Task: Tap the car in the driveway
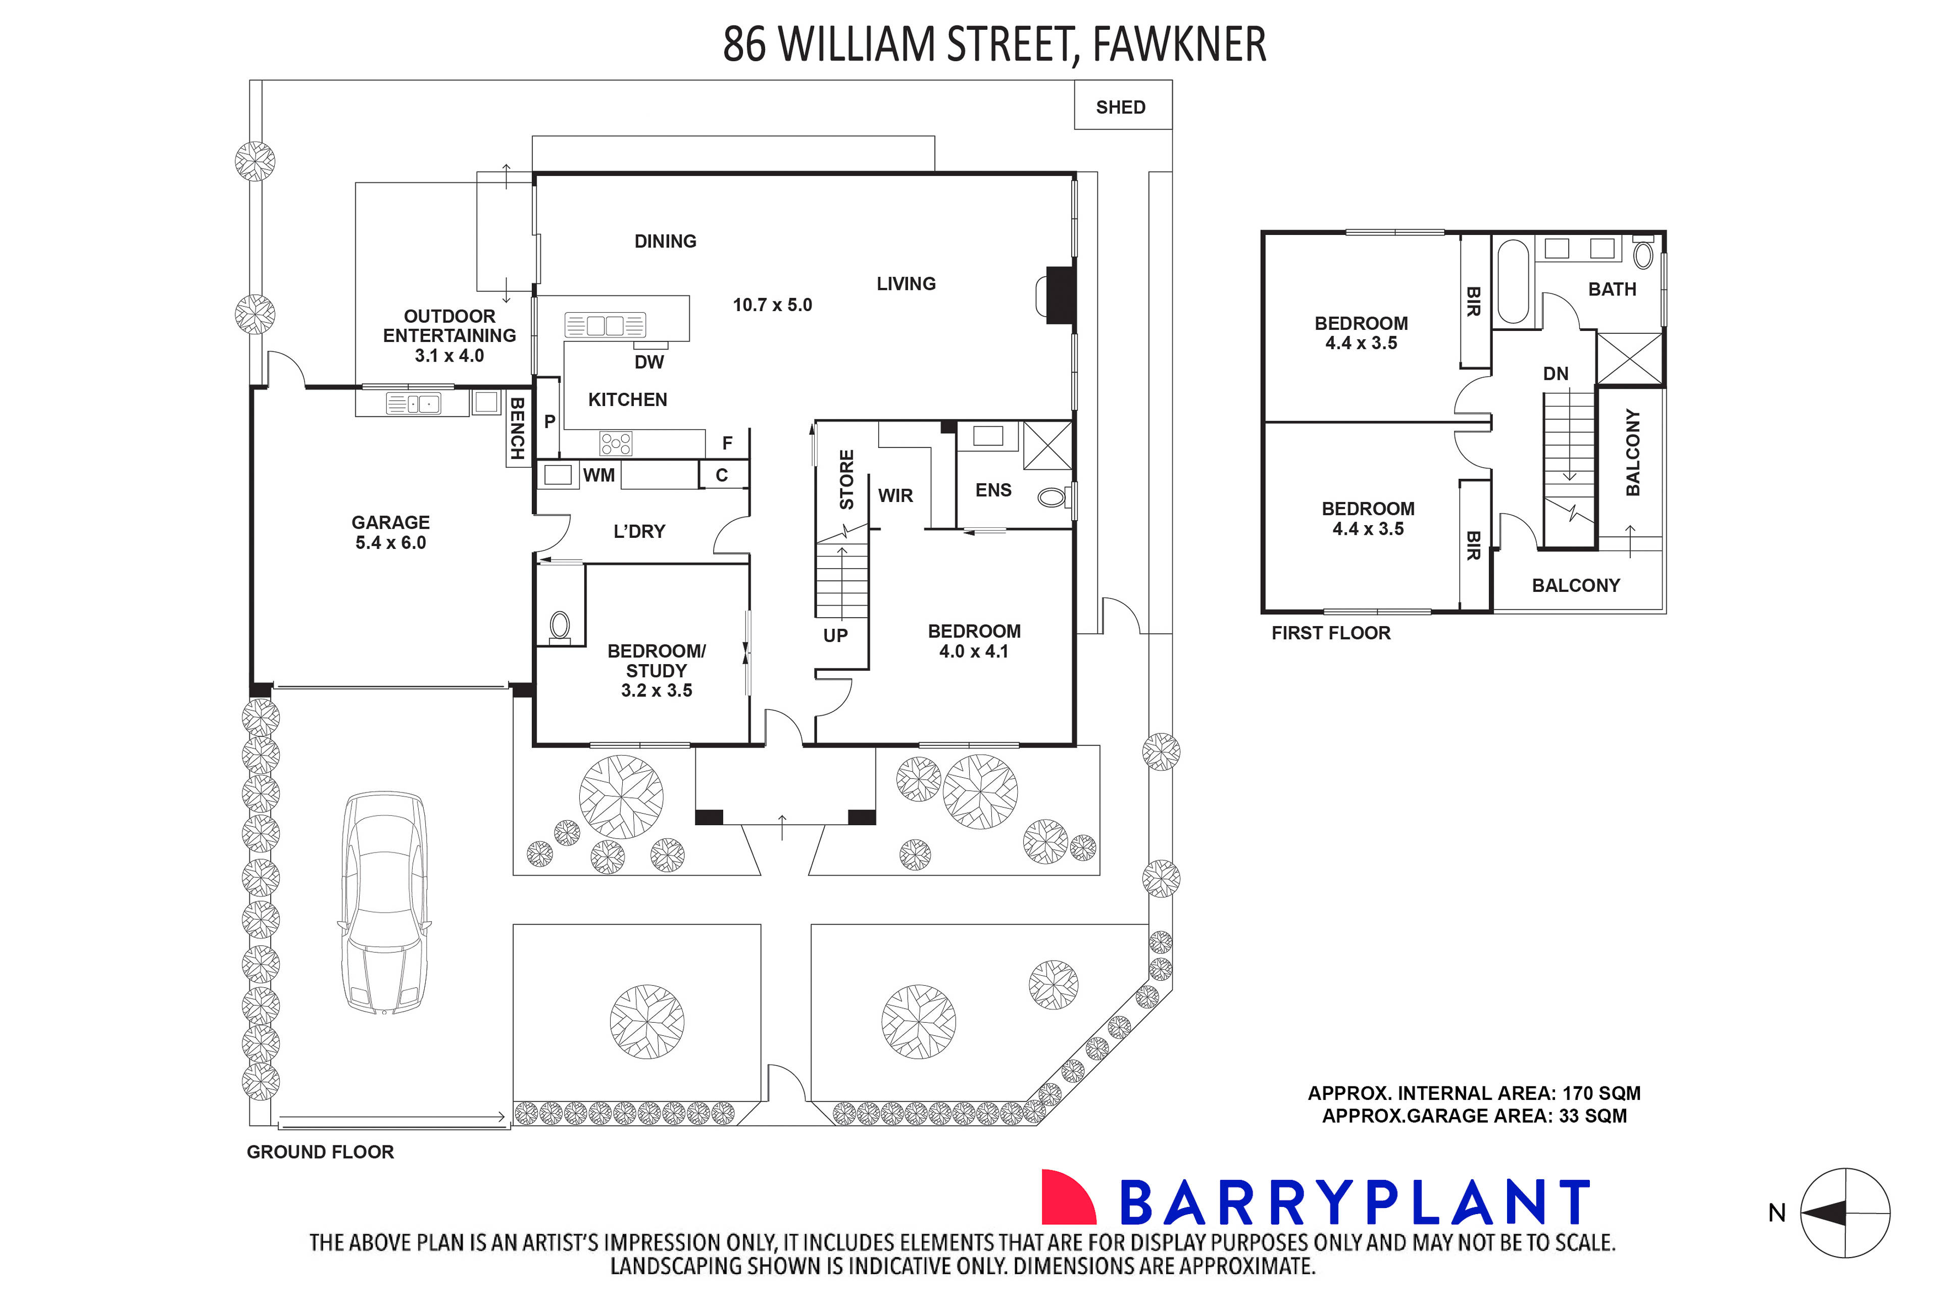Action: pyautogui.click(x=384, y=903)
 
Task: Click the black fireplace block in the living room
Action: pyautogui.click(x=1060, y=294)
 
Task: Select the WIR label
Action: pyautogui.click(x=895, y=495)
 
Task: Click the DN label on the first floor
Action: pyautogui.click(x=1555, y=374)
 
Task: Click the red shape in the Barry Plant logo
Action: pyautogui.click(x=1067, y=1197)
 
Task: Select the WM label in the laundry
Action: pyautogui.click(x=599, y=475)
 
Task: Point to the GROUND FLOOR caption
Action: pyautogui.click(x=320, y=1152)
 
